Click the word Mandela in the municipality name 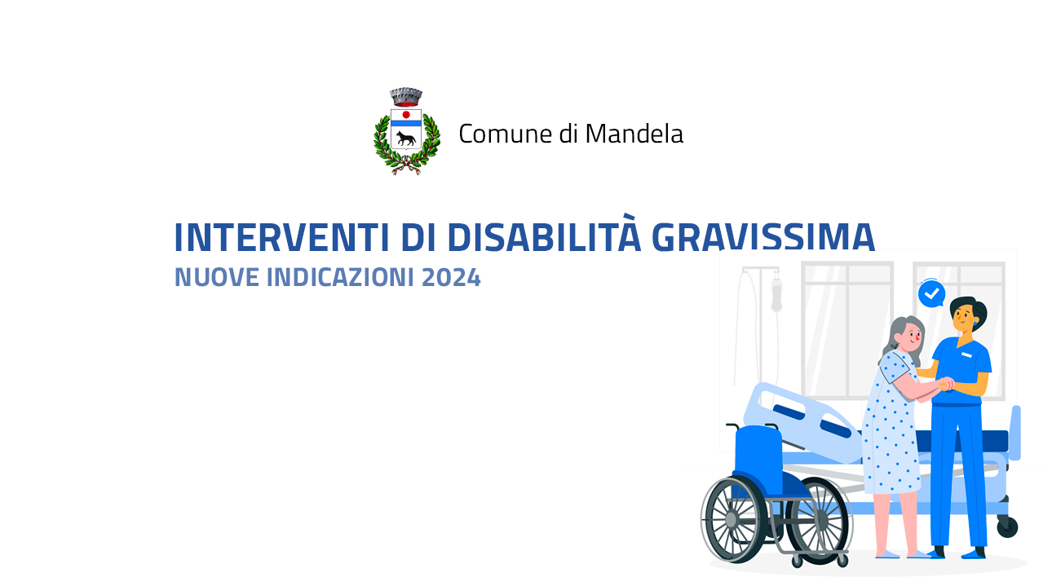click(x=634, y=134)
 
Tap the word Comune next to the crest click(x=506, y=134)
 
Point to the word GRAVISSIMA click(x=763, y=237)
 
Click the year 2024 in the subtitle click(x=451, y=277)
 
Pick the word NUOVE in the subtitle click(x=216, y=277)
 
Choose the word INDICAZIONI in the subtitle click(x=341, y=277)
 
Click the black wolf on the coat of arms click(x=406, y=139)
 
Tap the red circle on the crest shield click(x=406, y=115)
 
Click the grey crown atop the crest click(x=406, y=96)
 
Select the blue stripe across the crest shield click(x=406, y=124)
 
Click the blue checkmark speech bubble click(x=932, y=293)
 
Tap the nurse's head click(x=967, y=315)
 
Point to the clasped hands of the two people click(x=946, y=385)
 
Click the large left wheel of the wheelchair click(x=732, y=519)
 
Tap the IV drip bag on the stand click(x=777, y=293)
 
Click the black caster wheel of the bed click(x=1007, y=526)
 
